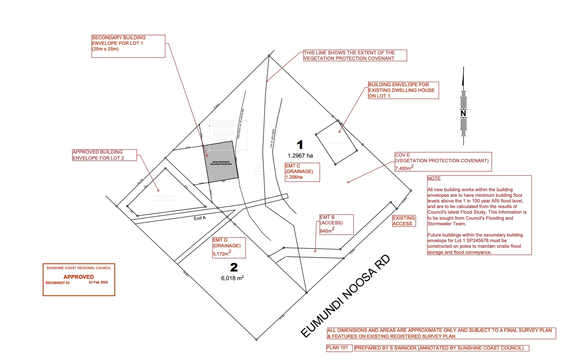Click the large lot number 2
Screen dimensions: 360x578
tap(234, 268)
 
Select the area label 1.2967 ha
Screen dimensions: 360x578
tap(301, 155)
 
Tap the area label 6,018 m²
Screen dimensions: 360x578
tap(232, 278)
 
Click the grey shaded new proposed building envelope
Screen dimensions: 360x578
tap(221, 161)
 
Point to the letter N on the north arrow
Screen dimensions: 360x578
tap(463, 114)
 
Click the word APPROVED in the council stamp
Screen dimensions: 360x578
tap(79, 277)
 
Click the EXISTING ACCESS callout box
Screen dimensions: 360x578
tap(404, 221)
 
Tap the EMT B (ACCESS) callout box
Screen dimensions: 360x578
tap(336, 224)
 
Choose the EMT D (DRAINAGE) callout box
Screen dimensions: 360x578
tap(229, 248)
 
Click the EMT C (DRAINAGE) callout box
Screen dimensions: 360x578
tap(302, 171)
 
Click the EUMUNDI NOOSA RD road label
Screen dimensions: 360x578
tap(345, 296)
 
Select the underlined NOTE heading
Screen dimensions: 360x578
tap(434, 178)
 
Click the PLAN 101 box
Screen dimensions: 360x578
tap(339, 348)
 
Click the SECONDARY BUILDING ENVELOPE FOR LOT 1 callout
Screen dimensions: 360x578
tap(129, 46)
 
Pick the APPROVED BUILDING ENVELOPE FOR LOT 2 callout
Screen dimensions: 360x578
tap(104, 155)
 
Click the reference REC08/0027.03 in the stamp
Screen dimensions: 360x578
tap(57, 283)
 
